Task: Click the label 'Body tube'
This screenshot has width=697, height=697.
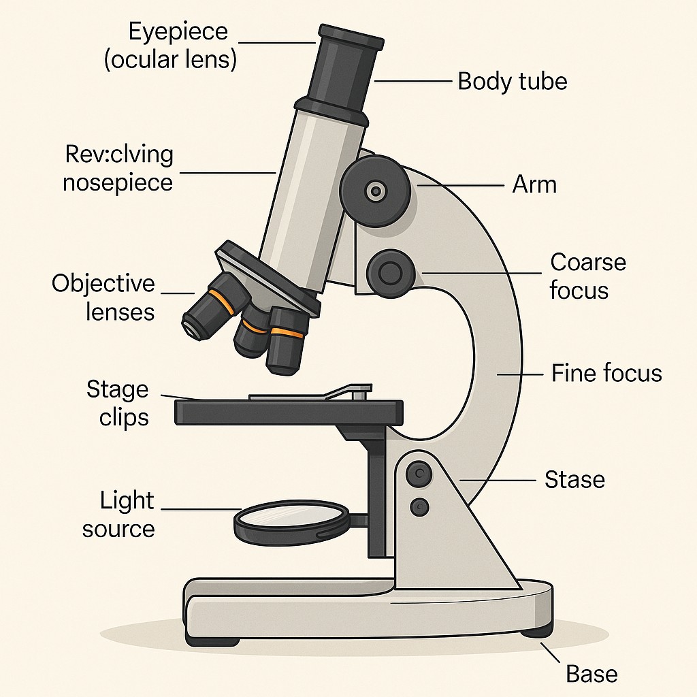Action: pyautogui.click(x=512, y=82)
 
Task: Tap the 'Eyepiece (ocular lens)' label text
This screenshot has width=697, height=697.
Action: pyautogui.click(x=170, y=45)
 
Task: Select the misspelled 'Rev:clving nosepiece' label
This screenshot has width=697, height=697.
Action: pyautogui.click(x=119, y=168)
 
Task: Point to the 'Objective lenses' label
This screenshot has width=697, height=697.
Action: pyautogui.click(x=103, y=297)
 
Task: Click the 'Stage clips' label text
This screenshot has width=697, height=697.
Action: pyautogui.click(x=117, y=403)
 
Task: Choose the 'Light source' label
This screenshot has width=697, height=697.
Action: pyautogui.click(x=118, y=515)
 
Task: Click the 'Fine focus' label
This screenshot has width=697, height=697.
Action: pyautogui.click(x=606, y=373)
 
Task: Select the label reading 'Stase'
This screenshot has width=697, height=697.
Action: pyautogui.click(x=574, y=480)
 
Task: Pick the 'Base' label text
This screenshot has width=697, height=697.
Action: pyautogui.click(x=591, y=674)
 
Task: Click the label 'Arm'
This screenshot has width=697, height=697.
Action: pyautogui.click(x=534, y=184)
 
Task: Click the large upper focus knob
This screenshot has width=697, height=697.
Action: pyautogui.click(x=375, y=190)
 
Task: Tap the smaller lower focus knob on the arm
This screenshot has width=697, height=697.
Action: pyautogui.click(x=390, y=273)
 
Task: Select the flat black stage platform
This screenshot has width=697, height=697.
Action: pyautogui.click(x=289, y=412)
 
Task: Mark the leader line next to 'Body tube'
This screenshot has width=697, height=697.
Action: pyautogui.click(x=413, y=81)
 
